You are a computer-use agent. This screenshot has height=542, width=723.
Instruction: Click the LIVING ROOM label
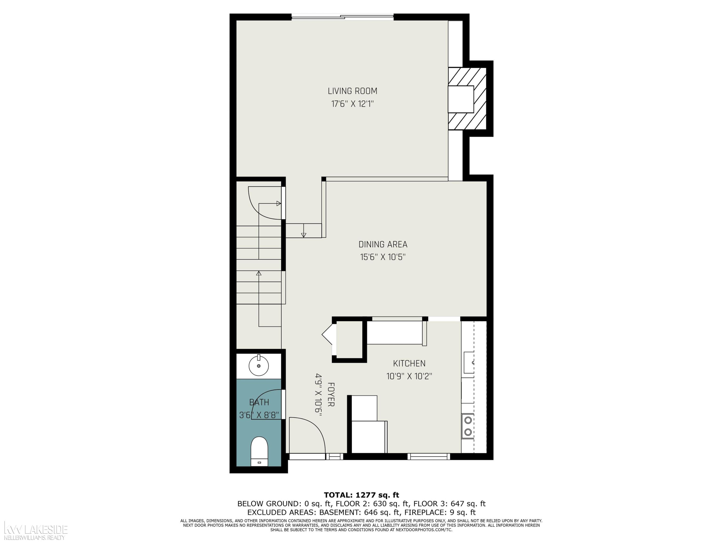[352, 91]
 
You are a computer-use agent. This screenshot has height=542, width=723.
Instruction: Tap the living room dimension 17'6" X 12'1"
[352, 104]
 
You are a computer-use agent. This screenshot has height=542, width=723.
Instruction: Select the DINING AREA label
[383, 244]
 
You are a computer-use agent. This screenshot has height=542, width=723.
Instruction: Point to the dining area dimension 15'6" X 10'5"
[383, 257]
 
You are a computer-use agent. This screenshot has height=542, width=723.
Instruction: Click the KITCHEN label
[409, 363]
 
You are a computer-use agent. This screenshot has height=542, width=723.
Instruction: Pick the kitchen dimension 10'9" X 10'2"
[409, 376]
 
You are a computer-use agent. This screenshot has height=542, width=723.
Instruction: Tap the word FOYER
[331, 394]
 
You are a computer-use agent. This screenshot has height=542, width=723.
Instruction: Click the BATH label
[259, 402]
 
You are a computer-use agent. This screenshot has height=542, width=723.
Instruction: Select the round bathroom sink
[259, 366]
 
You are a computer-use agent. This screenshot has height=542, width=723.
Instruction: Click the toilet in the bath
[259, 451]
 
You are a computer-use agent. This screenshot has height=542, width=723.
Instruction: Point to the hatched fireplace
[467, 99]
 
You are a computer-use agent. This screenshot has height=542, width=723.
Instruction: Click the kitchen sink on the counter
[469, 362]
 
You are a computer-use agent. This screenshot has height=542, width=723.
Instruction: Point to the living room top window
[342, 17]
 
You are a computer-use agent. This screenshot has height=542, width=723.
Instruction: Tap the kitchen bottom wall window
[429, 456]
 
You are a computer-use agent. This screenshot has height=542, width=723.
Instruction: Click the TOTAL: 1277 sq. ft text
[361, 495]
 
